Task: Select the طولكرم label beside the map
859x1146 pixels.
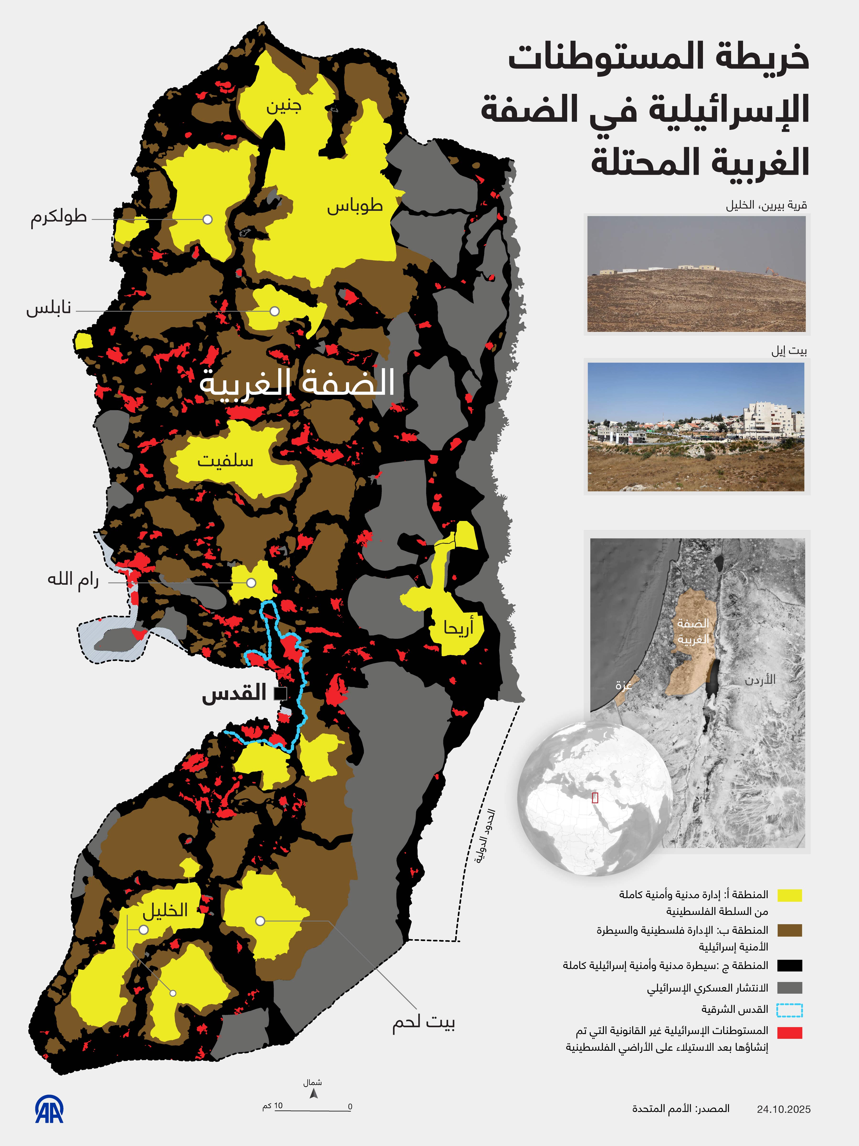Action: pos(58,217)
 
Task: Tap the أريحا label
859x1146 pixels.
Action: pos(458,628)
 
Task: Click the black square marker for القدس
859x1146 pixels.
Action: pos(281,693)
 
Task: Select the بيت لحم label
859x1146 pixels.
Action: pos(423,1023)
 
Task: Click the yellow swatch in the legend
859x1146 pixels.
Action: pos(790,895)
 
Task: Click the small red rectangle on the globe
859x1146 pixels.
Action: pos(595,798)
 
